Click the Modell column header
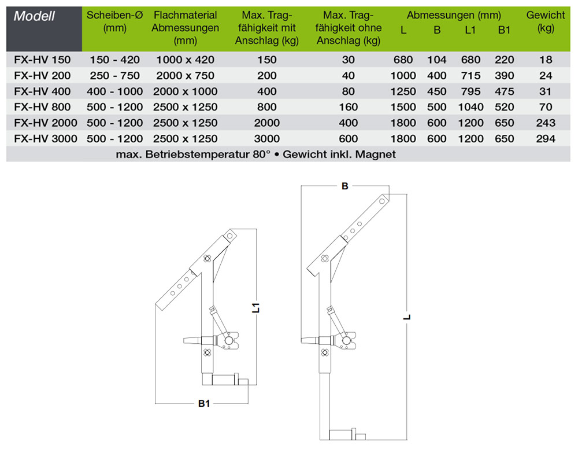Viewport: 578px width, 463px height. pos(34,16)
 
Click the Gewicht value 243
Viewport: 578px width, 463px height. pos(546,123)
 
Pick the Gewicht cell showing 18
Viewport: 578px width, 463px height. pos(546,60)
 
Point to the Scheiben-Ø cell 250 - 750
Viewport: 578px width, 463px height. pos(114,75)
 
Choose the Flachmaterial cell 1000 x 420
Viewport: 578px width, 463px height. pos(185,60)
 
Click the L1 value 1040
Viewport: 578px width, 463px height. pos(470,106)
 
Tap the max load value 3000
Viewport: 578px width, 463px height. pos(266,138)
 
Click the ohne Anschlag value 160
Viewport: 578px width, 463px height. pos(349,106)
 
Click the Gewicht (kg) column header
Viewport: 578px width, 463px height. pos(546,22)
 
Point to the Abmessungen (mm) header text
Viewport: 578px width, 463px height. pos(454,16)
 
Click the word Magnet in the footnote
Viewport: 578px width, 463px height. pos(376,154)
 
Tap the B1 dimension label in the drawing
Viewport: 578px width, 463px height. pos(203,404)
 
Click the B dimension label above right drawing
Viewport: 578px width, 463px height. pos(345,186)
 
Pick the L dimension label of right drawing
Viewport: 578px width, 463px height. pos(407,317)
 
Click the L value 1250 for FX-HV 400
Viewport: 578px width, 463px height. pos(403,91)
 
